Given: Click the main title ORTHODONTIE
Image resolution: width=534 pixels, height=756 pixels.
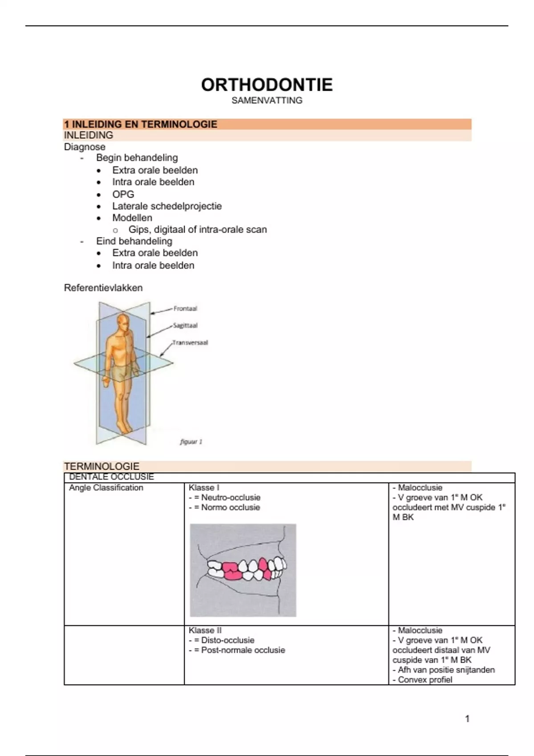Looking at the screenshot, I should (x=267, y=85).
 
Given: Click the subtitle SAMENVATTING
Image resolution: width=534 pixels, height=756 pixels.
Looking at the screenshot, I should (x=267, y=101).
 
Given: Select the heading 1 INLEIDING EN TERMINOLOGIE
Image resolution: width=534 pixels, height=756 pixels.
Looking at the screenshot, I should (x=141, y=125).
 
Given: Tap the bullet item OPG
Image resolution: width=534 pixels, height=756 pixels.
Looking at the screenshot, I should (x=123, y=194).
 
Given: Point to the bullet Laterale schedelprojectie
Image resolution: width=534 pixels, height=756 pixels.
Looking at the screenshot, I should (x=166, y=206).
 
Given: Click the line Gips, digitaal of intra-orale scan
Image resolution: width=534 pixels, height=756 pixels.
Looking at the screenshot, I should (x=198, y=229).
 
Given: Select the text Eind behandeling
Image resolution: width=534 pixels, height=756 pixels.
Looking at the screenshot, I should (x=134, y=241).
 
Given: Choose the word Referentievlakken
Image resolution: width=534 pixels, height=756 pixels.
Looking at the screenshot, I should (x=103, y=288).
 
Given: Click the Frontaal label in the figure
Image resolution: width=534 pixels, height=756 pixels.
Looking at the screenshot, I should (x=185, y=309).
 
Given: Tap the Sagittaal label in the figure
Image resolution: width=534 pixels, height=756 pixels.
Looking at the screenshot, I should (x=185, y=326).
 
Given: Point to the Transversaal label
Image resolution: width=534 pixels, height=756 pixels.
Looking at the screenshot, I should (x=190, y=343).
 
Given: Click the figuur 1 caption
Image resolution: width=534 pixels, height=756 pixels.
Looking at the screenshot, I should (x=191, y=442).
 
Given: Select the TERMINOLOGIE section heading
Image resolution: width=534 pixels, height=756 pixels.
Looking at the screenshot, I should (x=101, y=466).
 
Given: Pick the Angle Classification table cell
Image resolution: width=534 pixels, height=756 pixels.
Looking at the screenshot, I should (x=106, y=488).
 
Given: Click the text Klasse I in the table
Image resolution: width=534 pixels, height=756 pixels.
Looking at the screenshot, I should (x=204, y=488).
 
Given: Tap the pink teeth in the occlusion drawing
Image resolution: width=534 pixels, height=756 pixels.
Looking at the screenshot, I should (x=232, y=571).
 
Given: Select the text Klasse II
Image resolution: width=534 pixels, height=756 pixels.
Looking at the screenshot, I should (x=205, y=631).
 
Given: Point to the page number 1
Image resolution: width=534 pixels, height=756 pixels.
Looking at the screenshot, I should (x=467, y=719).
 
